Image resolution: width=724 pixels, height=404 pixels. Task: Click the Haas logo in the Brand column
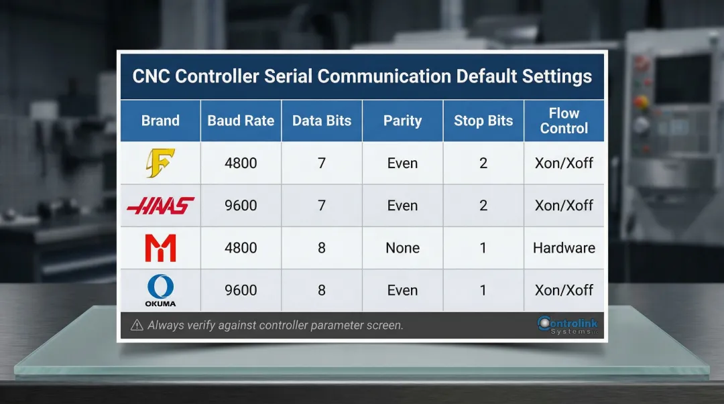[x=160, y=206]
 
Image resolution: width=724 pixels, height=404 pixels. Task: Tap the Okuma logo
[x=160, y=290]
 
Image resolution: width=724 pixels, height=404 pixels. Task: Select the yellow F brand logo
[x=160, y=163]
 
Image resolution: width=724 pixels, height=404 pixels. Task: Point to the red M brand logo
[x=160, y=248]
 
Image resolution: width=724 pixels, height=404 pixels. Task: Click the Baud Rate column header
[x=241, y=121]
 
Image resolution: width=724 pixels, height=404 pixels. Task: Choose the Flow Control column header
[x=564, y=121]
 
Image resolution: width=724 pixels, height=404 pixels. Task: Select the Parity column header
[x=402, y=121]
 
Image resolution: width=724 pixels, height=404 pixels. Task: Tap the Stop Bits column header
[x=483, y=121]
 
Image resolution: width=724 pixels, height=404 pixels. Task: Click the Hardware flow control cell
[x=564, y=248]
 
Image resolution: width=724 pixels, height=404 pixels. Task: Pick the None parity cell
[x=402, y=248]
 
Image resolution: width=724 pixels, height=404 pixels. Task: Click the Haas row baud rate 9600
[x=241, y=206]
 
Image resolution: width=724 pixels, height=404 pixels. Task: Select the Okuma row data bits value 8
[x=322, y=290]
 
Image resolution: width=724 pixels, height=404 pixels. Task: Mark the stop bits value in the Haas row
[x=483, y=206]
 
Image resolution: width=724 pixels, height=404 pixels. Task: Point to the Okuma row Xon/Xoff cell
[x=564, y=290]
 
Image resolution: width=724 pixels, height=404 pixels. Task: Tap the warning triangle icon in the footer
[x=137, y=326]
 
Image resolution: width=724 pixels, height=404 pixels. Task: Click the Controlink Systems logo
[x=567, y=326]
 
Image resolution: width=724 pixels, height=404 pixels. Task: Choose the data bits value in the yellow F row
[x=322, y=163]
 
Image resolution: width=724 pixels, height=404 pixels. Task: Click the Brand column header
[x=160, y=121]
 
